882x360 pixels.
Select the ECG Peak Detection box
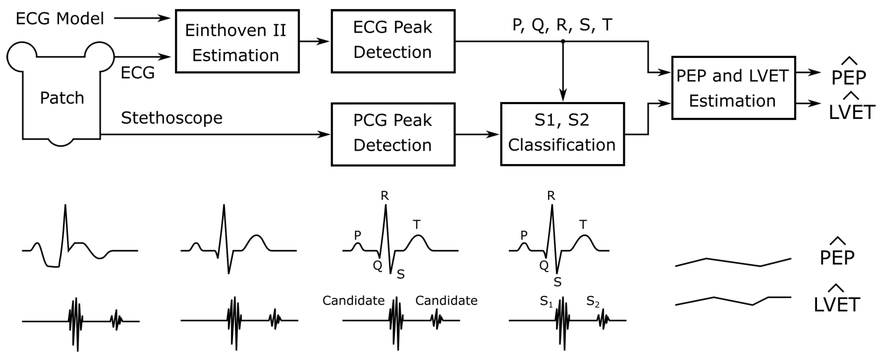pos(393,41)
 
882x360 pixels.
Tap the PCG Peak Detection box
pos(393,134)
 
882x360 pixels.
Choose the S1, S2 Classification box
pos(562,134)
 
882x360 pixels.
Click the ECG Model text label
pos(60,18)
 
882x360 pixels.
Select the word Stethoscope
pos(172,118)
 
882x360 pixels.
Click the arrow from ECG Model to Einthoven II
pos(142,18)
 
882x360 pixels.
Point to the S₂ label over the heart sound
pos(592,301)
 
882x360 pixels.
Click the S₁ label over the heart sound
pos(546,301)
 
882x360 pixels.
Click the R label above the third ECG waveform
pos(384,196)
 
